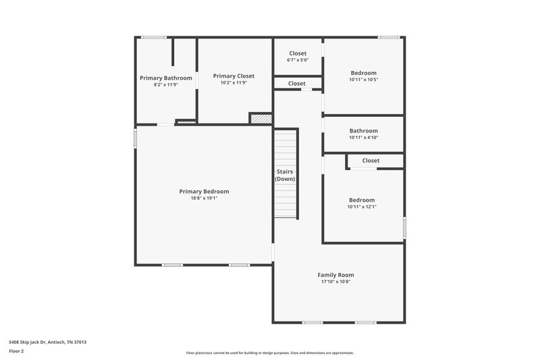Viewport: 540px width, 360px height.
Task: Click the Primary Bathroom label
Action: (166, 78)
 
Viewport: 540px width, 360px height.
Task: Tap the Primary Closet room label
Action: (234, 76)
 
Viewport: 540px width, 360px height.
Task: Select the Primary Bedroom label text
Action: (204, 191)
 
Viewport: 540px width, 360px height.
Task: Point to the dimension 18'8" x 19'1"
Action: (204, 199)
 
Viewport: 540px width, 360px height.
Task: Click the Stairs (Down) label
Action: (286, 176)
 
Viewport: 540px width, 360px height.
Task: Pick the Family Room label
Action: (335, 275)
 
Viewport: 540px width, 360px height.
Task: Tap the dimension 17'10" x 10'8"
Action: (335, 282)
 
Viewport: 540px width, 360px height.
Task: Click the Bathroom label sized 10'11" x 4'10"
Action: (363, 130)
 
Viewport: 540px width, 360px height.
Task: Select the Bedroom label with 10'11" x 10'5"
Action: (363, 73)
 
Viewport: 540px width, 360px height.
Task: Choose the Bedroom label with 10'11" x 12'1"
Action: (361, 200)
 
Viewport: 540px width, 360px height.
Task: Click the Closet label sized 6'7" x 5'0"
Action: (298, 53)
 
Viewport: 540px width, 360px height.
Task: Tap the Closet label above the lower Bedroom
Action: (371, 161)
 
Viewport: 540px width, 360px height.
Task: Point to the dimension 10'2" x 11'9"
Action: (234, 83)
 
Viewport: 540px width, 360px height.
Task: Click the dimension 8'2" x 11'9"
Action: (166, 85)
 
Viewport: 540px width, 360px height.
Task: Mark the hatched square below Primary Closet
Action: (261, 118)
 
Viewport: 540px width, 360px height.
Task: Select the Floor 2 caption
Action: (17, 351)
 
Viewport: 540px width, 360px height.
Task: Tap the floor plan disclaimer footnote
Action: (269, 353)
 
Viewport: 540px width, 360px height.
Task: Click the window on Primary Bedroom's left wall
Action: (136, 138)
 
